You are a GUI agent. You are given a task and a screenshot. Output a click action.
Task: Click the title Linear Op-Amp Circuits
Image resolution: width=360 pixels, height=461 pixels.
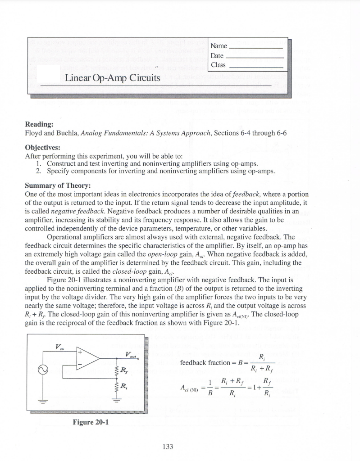pyautogui.click(x=113, y=78)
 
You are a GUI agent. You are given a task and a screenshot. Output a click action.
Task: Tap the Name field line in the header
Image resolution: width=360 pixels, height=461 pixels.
pyautogui.click(x=256, y=48)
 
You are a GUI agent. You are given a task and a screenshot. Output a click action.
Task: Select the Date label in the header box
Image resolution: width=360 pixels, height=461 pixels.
pyautogui.click(x=217, y=55)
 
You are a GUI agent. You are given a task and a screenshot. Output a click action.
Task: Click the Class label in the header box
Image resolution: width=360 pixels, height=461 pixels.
pyautogui.click(x=218, y=65)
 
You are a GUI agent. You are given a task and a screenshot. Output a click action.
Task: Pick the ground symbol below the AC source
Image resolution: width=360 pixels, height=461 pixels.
pyautogui.click(x=44, y=403)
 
